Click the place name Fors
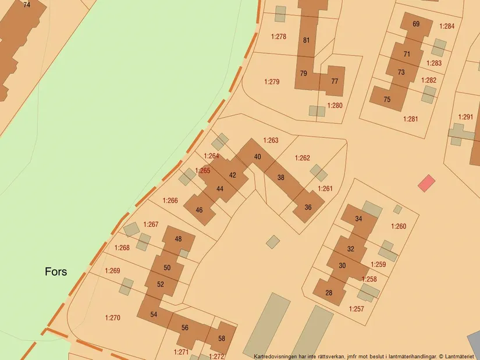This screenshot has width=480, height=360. point(56,272)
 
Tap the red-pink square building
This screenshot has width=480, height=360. point(426,183)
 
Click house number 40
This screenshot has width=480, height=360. point(257,157)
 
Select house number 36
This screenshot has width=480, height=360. point(308,207)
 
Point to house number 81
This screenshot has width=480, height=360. point(307,40)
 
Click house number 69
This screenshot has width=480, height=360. point(415,24)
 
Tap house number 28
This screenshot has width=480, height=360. point(329,293)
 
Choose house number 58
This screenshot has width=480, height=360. point(222,338)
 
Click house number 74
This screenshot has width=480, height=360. point(27,5)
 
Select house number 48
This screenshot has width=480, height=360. point(178,239)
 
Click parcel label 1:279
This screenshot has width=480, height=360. point(272,81)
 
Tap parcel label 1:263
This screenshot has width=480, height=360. point(271,140)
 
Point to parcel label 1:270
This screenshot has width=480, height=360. point(112,318)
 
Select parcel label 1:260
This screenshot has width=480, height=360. point(399,226)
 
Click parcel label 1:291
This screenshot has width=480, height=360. point(465,117)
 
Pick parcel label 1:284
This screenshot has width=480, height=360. point(447,26)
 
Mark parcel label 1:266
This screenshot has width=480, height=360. point(170,200)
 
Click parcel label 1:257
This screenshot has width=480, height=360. point(356,309)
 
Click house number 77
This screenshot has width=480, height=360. point(335,81)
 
